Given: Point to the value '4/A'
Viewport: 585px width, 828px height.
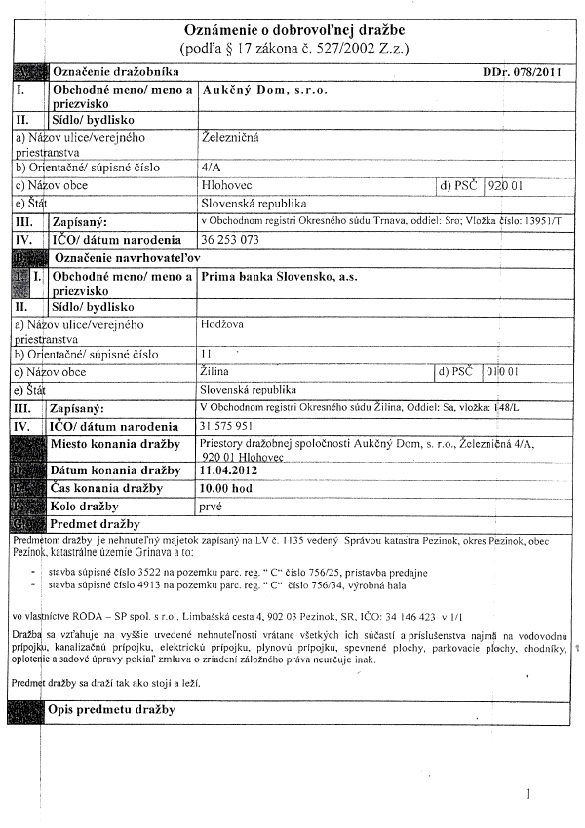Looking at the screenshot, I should [x=209, y=167].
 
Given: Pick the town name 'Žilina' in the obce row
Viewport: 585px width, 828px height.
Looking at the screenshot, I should [x=214, y=372].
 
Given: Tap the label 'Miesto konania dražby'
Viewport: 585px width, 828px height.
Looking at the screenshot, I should [x=115, y=444].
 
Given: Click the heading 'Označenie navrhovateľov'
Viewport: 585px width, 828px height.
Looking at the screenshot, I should [x=125, y=256].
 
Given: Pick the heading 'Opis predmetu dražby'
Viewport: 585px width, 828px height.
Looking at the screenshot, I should [x=111, y=709].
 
